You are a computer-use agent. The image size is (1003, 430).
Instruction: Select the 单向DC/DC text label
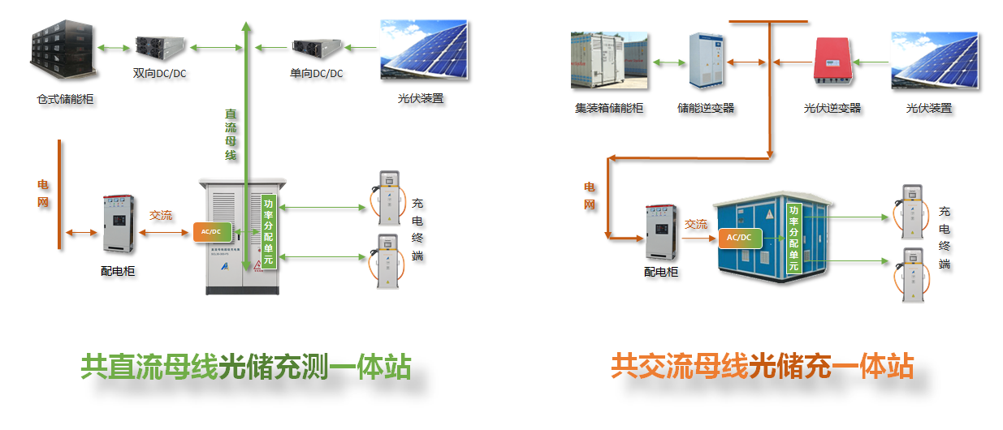tap(316, 74)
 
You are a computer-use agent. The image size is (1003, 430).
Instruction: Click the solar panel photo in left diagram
tap(423, 51)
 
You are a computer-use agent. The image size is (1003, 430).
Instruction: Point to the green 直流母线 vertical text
tap(231, 134)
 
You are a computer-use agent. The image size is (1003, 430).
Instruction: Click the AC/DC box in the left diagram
tap(212, 232)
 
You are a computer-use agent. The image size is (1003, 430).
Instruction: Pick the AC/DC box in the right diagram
tap(739, 238)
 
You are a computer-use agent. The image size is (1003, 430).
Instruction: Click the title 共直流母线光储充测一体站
tap(245, 368)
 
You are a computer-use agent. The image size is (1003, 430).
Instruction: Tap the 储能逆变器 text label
tap(706, 107)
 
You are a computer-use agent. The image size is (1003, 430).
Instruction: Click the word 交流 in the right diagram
tap(696, 224)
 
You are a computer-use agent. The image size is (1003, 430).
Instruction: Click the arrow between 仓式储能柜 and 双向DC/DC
tap(112, 49)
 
